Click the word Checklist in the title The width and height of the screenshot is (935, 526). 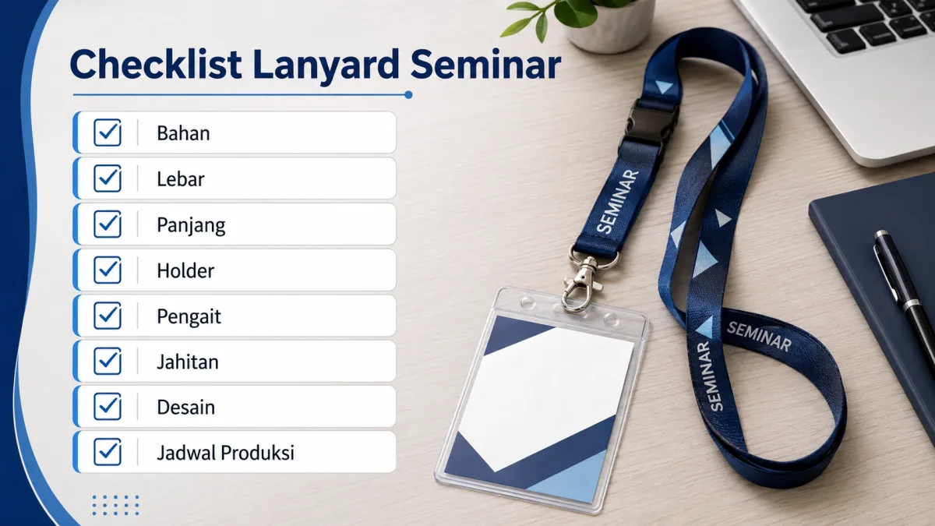(156, 64)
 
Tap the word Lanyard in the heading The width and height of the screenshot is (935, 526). (326, 65)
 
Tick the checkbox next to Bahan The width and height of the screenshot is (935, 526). (108, 132)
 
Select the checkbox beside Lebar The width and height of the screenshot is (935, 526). (108, 178)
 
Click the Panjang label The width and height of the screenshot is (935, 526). (191, 226)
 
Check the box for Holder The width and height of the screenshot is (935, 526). (108, 270)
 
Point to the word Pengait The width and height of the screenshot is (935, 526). (189, 317)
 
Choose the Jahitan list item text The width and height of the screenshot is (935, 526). (188, 362)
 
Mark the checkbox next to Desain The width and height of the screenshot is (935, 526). (108, 406)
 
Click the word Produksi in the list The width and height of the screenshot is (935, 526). (257, 453)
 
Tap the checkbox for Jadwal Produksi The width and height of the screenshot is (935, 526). (108, 452)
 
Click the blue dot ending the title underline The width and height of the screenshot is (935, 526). (408, 95)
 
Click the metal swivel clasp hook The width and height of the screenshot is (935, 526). (581, 284)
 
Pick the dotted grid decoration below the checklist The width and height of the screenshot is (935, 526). (115, 506)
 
